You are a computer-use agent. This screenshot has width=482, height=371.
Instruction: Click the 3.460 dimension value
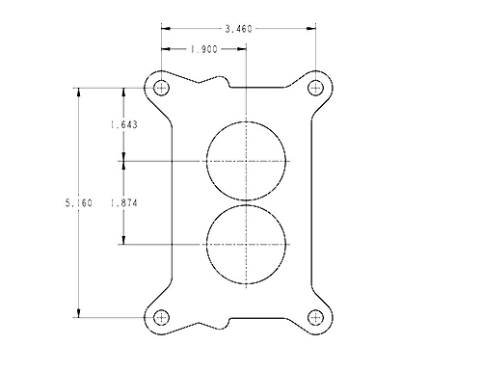pos(239,29)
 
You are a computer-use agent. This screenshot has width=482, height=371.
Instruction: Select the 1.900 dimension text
pos(204,49)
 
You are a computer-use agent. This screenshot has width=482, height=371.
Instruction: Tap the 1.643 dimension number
pos(124,124)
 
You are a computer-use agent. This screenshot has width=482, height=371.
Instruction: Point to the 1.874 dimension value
pos(124,203)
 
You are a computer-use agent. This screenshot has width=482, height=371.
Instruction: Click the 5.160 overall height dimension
pos(79,203)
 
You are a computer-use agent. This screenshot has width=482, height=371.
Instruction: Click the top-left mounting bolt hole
pos(161,88)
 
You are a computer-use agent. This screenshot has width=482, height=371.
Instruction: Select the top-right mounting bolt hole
pos(315,88)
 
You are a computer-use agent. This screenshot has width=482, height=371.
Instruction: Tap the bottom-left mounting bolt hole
pos(161,318)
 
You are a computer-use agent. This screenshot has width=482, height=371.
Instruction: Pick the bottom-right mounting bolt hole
pos(315,318)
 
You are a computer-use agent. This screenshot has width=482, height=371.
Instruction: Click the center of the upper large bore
pos(246,161)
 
